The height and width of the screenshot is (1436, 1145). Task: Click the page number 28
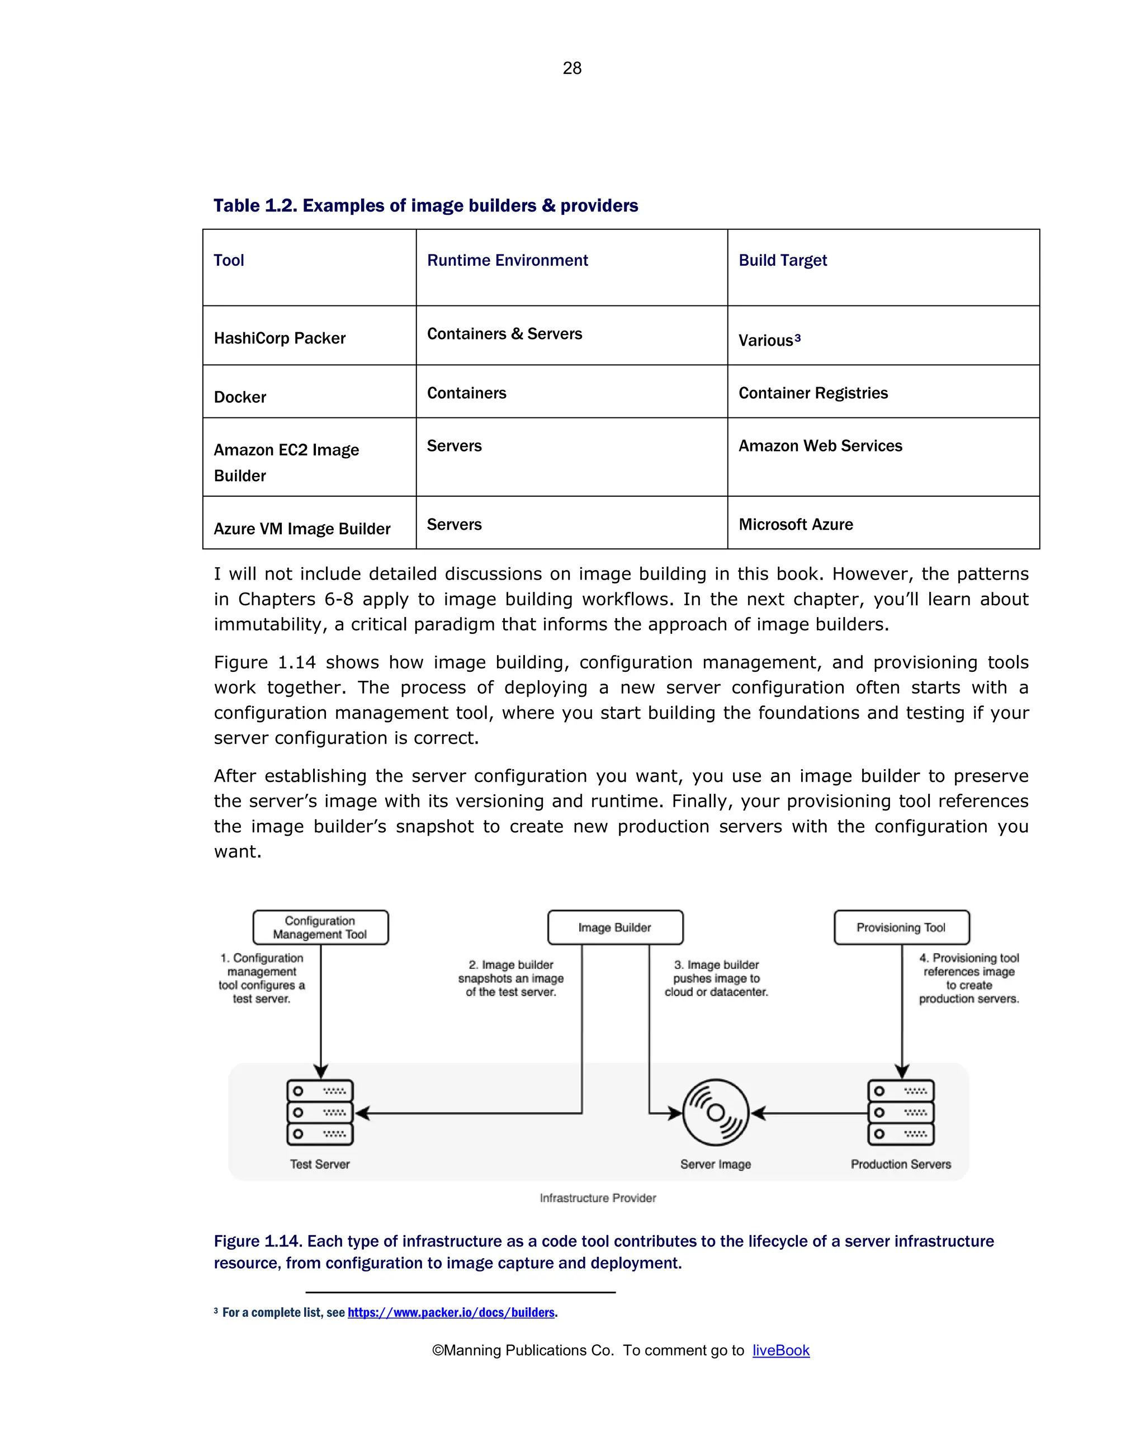click(x=572, y=68)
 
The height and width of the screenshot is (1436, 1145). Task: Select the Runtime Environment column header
click(x=507, y=261)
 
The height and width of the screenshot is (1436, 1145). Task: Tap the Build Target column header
click(x=782, y=261)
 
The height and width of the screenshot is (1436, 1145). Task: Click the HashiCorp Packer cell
click(x=280, y=338)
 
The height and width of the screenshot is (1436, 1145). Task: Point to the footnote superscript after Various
click(x=797, y=338)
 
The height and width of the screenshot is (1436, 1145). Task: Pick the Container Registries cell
click(x=813, y=393)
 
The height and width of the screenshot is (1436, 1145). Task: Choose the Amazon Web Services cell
click(x=820, y=446)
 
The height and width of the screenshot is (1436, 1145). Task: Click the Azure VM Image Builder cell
click(x=301, y=529)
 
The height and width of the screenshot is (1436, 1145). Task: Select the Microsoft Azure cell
click(x=796, y=524)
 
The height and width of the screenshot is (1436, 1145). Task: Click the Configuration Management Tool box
click(x=320, y=927)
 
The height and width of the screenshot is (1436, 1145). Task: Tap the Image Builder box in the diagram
click(x=615, y=927)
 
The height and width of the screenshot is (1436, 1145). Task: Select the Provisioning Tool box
click(x=901, y=927)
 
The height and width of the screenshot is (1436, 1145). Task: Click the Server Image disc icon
click(x=716, y=1112)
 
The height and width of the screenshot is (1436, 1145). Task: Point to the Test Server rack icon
click(x=320, y=1112)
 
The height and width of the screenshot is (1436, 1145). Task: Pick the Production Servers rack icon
click(x=901, y=1112)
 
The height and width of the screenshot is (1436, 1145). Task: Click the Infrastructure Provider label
click(x=597, y=1198)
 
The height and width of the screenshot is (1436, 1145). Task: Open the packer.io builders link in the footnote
click(x=451, y=1312)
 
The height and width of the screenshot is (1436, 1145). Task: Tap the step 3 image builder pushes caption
click(x=716, y=978)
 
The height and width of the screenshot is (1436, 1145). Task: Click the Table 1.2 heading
click(x=425, y=205)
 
